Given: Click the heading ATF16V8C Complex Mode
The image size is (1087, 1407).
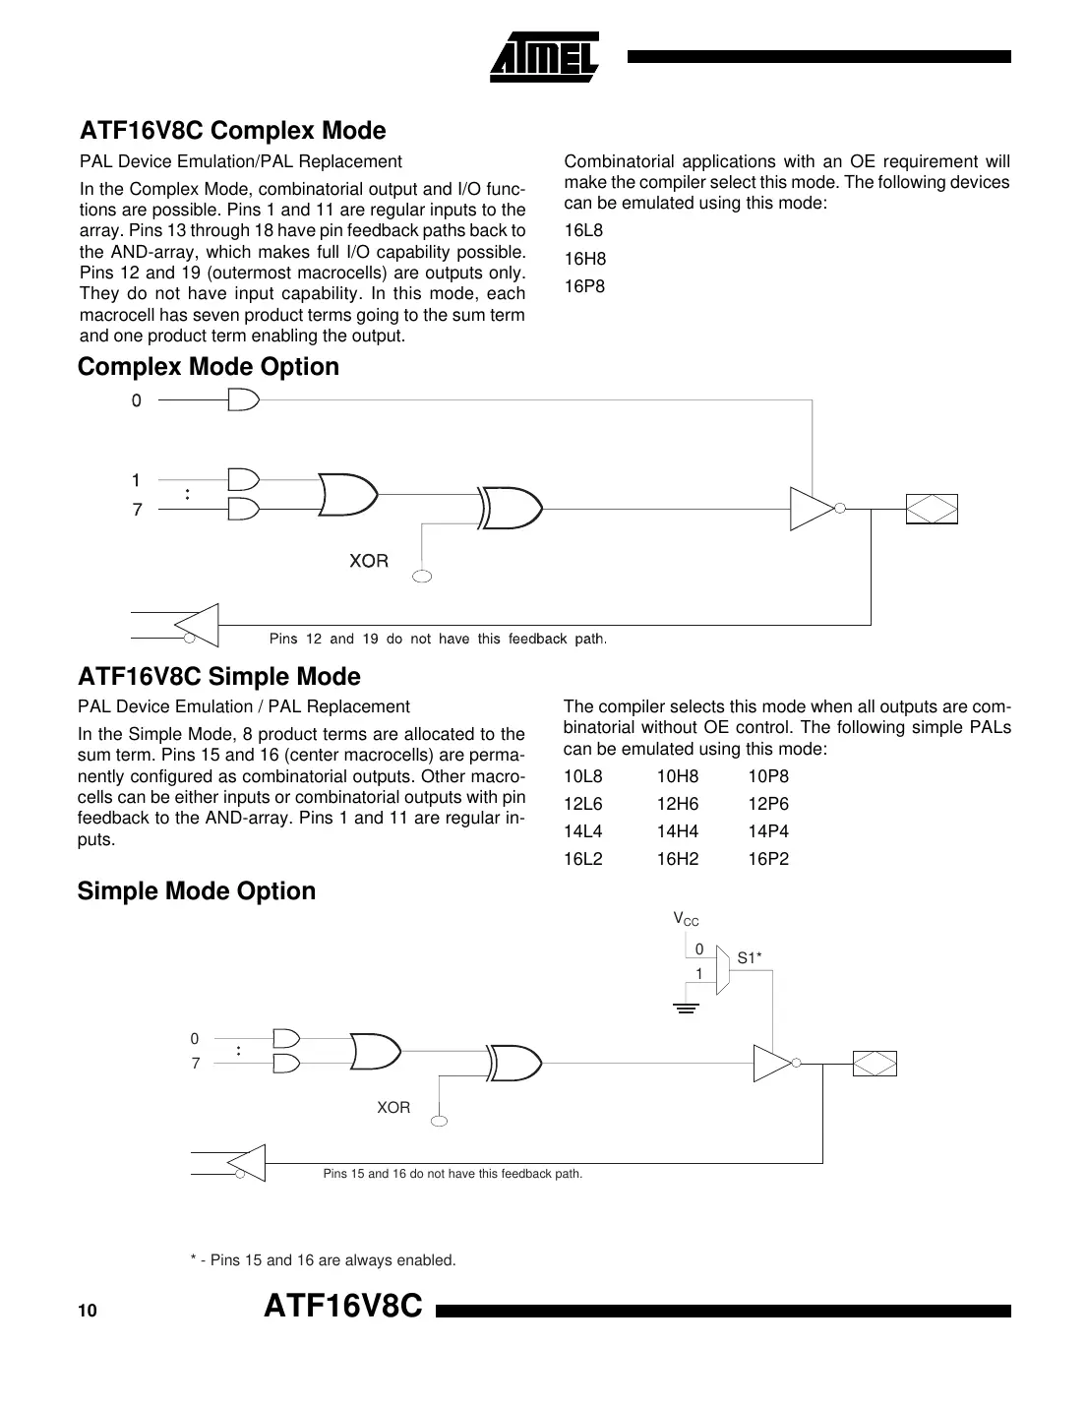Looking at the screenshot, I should point(232,131).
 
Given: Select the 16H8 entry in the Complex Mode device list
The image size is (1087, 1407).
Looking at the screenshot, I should point(584,259).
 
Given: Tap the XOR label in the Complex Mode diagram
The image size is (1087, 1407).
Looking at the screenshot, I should point(369,561).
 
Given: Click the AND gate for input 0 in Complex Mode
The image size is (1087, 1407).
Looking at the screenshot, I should point(243,400).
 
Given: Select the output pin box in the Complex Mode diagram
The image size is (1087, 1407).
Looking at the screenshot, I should point(931,509).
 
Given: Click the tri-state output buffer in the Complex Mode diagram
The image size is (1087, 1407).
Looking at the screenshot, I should point(813,509).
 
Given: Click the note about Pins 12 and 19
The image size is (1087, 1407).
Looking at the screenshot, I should point(438,640).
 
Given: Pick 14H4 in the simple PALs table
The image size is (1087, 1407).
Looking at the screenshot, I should point(677,831).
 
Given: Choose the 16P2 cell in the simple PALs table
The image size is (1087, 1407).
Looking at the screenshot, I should point(767,859).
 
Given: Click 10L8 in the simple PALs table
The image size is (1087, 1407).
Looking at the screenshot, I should point(582,776).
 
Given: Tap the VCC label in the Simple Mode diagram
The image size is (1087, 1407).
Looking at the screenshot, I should point(686,919).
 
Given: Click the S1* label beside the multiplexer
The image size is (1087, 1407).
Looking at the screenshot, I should point(750,957).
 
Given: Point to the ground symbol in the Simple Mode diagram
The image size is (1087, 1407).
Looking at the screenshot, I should point(687,1009).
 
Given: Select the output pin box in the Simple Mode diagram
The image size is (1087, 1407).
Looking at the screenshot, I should point(875,1064).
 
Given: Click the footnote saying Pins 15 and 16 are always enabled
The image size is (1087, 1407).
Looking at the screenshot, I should point(323,1260).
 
